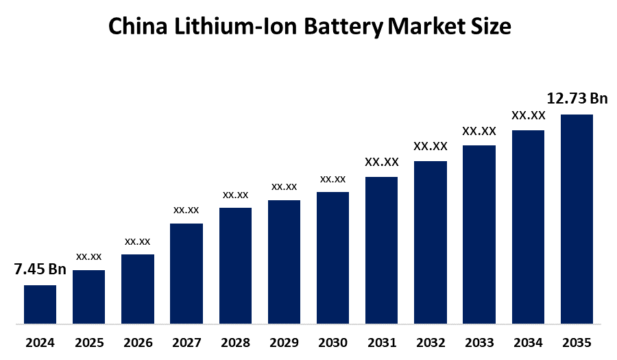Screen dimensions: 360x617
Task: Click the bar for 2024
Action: pyautogui.click(x=40, y=304)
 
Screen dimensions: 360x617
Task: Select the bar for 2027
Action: pyautogui.click(x=186, y=273)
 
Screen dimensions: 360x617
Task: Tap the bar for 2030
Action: pyautogui.click(x=332, y=257)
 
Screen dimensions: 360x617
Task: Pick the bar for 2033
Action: pyautogui.click(x=479, y=234)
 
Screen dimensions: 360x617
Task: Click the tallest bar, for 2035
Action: pyautogui.click(x=577, y=218)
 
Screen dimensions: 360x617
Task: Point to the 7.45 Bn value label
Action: pyautogui.click(x=40, y=269)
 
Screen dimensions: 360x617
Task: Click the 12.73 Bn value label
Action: pyautogui.click(x=577, y=99)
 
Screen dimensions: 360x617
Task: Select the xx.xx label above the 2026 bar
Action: pyautogui.click(x=137, y=241)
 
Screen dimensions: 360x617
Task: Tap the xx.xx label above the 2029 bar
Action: pyautogui.click(x=284, y=187)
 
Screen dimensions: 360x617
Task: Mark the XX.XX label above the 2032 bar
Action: pyautogui.click(x=430, y=146)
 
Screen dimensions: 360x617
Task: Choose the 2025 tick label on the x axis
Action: pyautogui.click(x=88, y=341)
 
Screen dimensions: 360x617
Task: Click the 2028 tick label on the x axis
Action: pyautogui.click(x=235, y=341)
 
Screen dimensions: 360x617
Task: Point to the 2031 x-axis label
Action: pyautogui.click(x=381, y=341)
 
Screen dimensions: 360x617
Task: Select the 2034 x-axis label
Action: pyautogui.click(x=528, y=341)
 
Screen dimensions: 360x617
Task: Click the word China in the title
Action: pyautogui.click(x=141, y=27)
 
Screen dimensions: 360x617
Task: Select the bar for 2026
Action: pyautogui.click(x=138, y=289)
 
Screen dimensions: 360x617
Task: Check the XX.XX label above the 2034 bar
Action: pyautogui.click(x=528, y=116)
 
